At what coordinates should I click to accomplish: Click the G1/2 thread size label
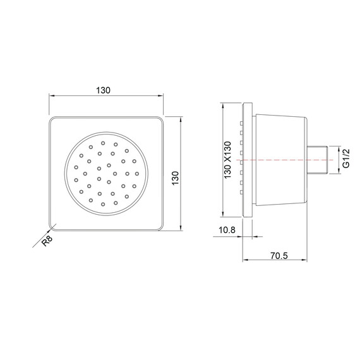tap(345, 159)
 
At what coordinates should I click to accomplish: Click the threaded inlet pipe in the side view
tap(320, 160)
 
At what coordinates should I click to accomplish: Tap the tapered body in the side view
tap(280, 161)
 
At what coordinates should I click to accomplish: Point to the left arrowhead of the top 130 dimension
tap(51, 96)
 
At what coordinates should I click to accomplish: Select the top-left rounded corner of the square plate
tap(52, 119)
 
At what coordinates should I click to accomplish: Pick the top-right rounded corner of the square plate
tap(160, 119)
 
